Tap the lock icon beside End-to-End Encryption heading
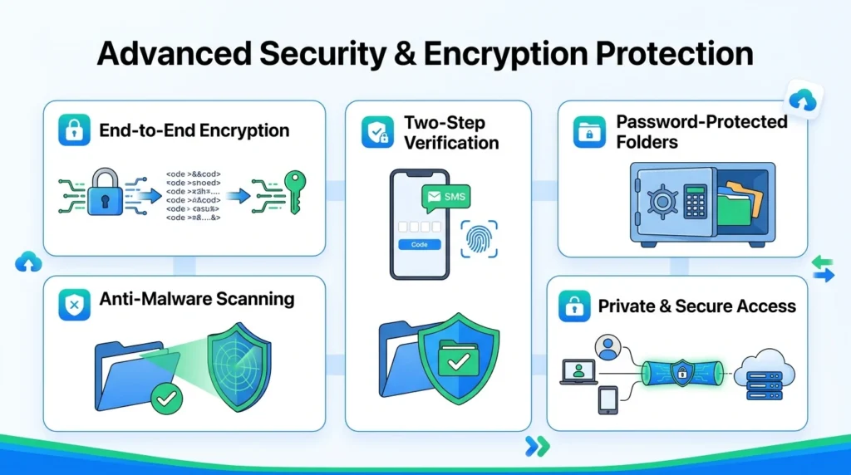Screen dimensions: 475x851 pos(74,130)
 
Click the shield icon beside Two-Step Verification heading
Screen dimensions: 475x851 pos(377,133)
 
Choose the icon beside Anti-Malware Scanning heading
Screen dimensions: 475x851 pos(74,305)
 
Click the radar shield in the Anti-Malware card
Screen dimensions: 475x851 pos(237,360)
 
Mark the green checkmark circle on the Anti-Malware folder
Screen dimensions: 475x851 pos(166,400)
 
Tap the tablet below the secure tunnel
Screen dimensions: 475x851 pos(606,400)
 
